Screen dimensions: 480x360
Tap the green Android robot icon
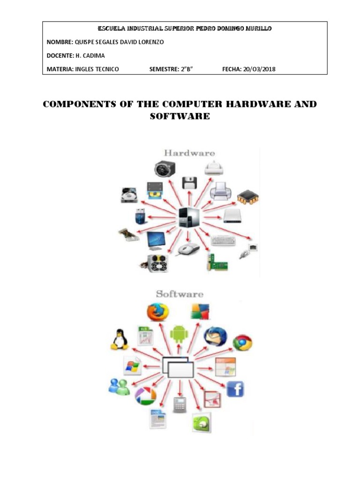pos(179,334)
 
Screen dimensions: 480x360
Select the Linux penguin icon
pos(120,339)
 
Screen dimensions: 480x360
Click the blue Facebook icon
pos(235,389)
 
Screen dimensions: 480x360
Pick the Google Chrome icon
pos(242,343)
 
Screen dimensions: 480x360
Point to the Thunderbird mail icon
pos(215,336)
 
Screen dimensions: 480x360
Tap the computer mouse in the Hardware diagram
pos(187,249)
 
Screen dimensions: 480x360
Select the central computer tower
pos(189,218)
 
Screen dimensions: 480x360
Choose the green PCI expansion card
pos(217,263)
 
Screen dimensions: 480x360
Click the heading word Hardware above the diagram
pos(189,153)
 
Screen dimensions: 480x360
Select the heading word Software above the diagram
pos(180,294)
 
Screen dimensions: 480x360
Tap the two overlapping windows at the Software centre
pos(179,367)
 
